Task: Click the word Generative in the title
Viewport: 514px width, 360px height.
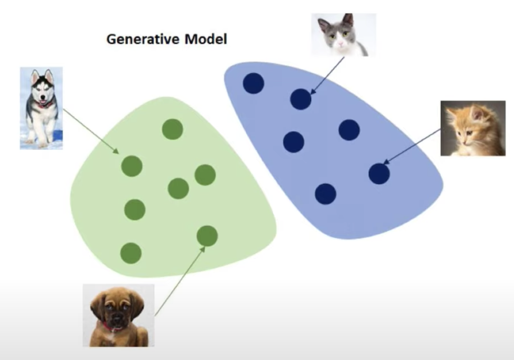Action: (143, 39)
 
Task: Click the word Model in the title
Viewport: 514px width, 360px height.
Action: (206, 39)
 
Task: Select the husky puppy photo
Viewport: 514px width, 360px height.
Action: (41, 108)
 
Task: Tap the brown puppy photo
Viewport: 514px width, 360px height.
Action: (118, 315)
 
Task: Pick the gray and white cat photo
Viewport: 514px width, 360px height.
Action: (343, 35)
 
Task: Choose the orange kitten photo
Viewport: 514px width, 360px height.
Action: (473, 128)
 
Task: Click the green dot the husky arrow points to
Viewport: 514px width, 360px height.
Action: (132, 166)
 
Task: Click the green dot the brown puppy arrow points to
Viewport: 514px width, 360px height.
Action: (207, 236)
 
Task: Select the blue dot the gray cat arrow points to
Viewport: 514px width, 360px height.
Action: (300, 99)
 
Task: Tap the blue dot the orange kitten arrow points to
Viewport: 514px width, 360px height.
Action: (379, 174)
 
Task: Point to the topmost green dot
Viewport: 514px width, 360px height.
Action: (172, 129)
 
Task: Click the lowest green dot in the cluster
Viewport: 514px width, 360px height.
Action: (131, 253)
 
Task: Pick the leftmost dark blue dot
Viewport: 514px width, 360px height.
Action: (253, 83)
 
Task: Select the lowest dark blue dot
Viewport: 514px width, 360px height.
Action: (326, 194)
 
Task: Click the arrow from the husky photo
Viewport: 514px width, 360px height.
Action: (91, 131)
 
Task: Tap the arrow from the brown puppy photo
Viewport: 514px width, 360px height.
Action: (180, 281)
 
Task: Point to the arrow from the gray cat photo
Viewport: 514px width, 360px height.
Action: (327, 76)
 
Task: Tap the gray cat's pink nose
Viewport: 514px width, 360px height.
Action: (341, 43)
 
